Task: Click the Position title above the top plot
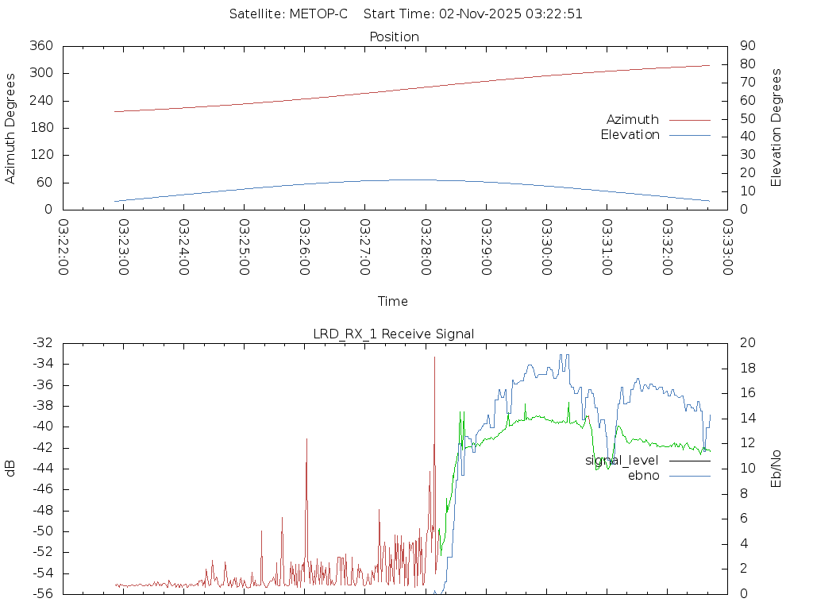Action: coord(395,37)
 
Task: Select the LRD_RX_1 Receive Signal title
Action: coord(394,334)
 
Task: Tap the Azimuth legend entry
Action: coord(633,119)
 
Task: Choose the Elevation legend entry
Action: coord(630,134)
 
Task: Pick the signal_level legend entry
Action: coord(622,460)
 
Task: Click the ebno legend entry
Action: coord(643,475)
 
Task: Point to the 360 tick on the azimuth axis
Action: coord(40,46)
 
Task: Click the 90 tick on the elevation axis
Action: coord(746,46)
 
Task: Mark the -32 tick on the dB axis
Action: coord(42,343)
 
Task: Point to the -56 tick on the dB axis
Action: coord(42,593)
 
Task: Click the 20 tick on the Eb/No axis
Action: coord(747,343)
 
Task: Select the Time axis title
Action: coord(393,301)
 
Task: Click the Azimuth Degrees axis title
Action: coord(10,128)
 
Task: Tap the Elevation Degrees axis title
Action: coord(776,127)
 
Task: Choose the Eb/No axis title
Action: coord(776,468)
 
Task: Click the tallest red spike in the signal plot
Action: coord(434,359)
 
